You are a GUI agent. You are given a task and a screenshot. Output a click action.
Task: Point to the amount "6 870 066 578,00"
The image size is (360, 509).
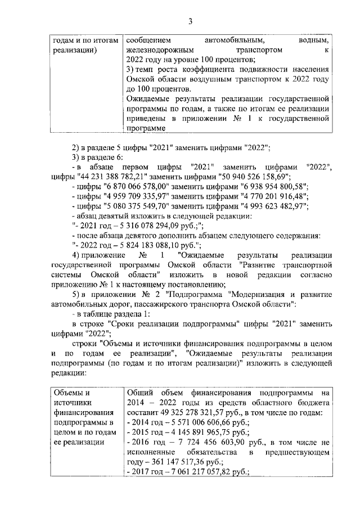(x=139, y=187)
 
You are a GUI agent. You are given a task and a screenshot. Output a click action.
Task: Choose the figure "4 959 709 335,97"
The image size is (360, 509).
(x=139, y=197)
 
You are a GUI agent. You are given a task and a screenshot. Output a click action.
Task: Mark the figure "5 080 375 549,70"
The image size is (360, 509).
(x=139, y=206)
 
